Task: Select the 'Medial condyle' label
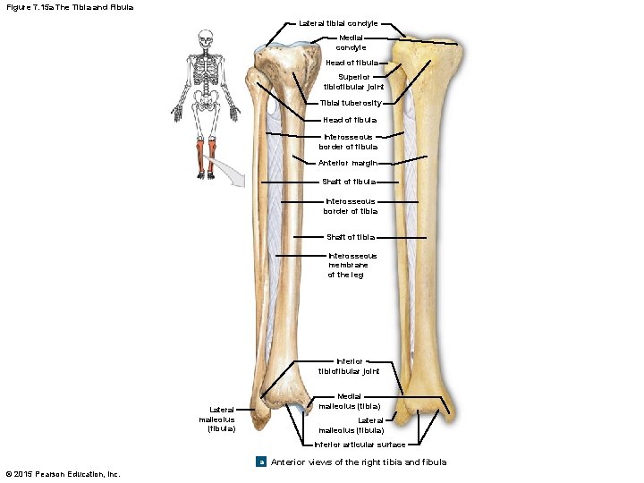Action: pyautogui.click(x=352, y=42)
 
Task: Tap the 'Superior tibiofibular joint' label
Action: pyautogui.click(x=353, y=81)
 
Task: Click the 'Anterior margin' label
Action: pyautogui.click(x=348, y=163)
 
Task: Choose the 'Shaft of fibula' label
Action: pyautogui.click(x=351, y=182)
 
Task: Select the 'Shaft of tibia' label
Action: pyautogui.click(x=351, y=237)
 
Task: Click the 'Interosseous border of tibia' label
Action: pyautogui.click(x=351, y=207)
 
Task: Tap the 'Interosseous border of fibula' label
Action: pyautogui.click(x=350, y=141)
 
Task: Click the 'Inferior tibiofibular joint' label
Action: pyautogui.click(x=350, y=366)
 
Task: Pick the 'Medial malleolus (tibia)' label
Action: pyautogui.click(x=349, y=400)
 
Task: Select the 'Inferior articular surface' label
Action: pyautogui.click(x=360, y=445)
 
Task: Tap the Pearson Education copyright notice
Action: pyautogui.click(x=63, y=473)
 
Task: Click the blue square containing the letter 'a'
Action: pyautogui.click(x=260, y=462)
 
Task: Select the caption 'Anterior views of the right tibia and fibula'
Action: pyautogui.click(x=358, y=462)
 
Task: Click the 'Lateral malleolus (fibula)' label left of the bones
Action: pyautogui.click(x=217, y=419)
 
